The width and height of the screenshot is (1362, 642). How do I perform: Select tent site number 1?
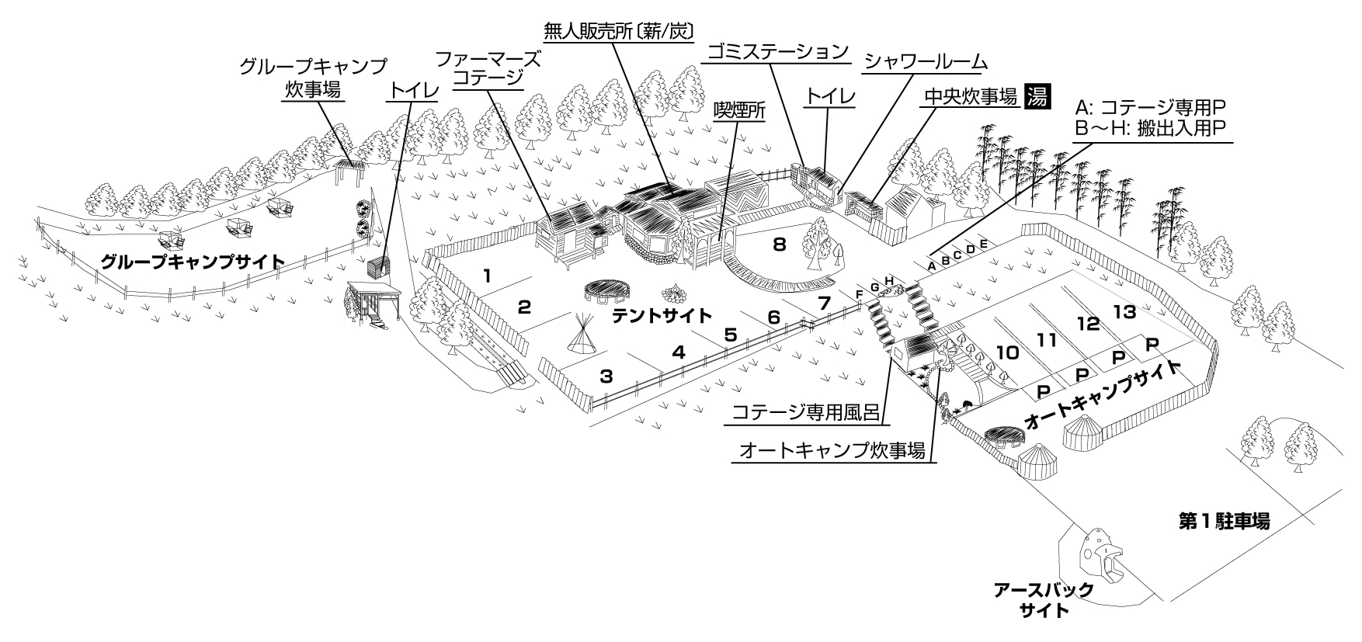[x=487, y=275]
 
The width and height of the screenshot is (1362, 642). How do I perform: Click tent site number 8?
[x=779, y=245]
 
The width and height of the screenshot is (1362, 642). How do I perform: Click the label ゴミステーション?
[x=777, y=52]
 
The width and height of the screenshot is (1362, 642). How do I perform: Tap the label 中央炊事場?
[x=971, y=96]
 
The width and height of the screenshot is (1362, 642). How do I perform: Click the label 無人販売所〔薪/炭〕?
[x=618, y=29]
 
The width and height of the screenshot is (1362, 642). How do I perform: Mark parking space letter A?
[x=931, y=265]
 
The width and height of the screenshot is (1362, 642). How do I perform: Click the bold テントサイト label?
[x=662, y=316]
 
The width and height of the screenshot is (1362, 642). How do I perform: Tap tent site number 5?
[x=730, y=335]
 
